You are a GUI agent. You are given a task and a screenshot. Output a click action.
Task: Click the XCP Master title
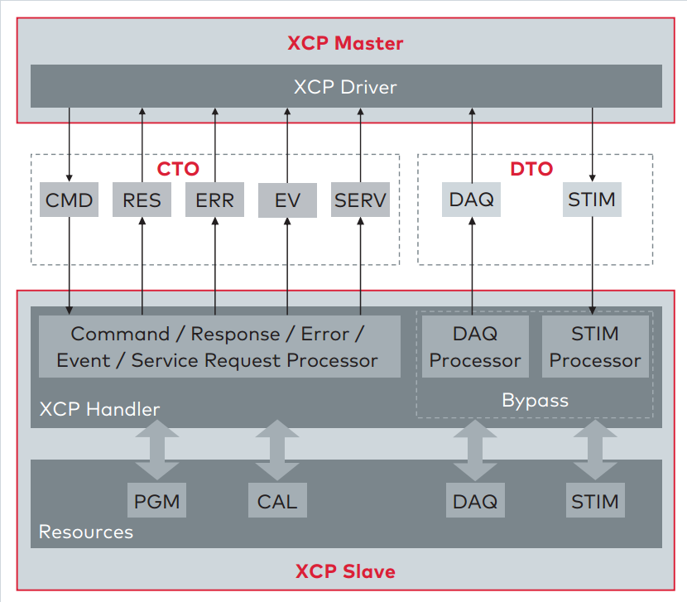pos(345,43)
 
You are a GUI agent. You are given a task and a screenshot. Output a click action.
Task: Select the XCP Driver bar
pos(345,86)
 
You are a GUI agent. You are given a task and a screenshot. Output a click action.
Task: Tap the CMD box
pos(69,200)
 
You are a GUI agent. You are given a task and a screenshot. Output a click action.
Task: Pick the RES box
pos(142,200)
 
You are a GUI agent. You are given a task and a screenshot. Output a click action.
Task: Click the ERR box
pos(214,200)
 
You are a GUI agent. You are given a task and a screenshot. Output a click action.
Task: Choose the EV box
pos(287,200)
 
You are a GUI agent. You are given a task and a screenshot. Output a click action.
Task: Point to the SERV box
pos(360,200)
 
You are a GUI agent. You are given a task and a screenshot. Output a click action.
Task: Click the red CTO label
pos(178,169)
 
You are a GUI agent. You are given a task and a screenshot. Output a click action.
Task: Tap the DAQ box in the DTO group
pos(472,200)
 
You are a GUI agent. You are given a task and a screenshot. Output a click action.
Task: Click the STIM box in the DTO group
pos(592,200)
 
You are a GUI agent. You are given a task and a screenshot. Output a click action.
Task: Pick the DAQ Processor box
pos(475,347)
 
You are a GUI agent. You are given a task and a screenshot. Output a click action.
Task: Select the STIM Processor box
pos(595,347)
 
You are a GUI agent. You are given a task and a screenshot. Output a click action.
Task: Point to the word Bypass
pos(535,400)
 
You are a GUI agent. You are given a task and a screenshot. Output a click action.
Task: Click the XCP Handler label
pos(99,409)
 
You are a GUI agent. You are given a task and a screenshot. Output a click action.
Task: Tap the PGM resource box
pos(157,501)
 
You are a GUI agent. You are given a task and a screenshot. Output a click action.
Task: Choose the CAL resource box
pos(277,501)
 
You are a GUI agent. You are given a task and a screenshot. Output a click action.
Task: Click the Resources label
pos(86,532)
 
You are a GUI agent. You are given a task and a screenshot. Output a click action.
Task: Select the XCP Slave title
pos(345,571)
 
